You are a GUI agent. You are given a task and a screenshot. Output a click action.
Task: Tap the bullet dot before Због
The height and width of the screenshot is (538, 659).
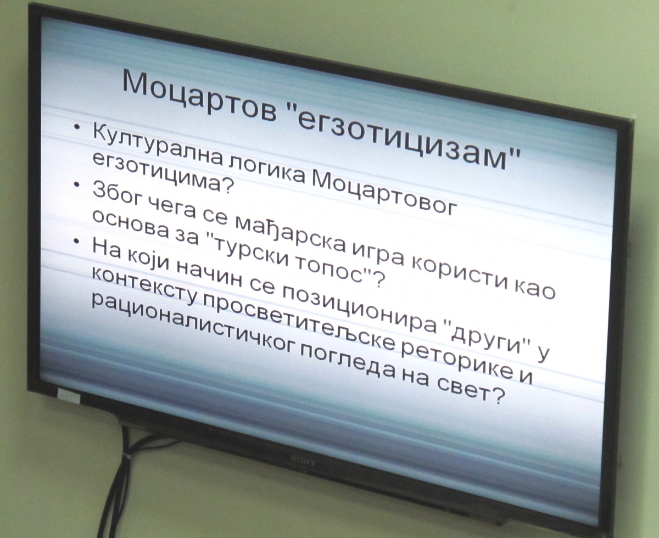(x=77, y=184)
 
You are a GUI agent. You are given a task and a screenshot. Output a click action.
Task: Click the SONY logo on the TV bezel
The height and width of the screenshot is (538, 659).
(x=303, y=459)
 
